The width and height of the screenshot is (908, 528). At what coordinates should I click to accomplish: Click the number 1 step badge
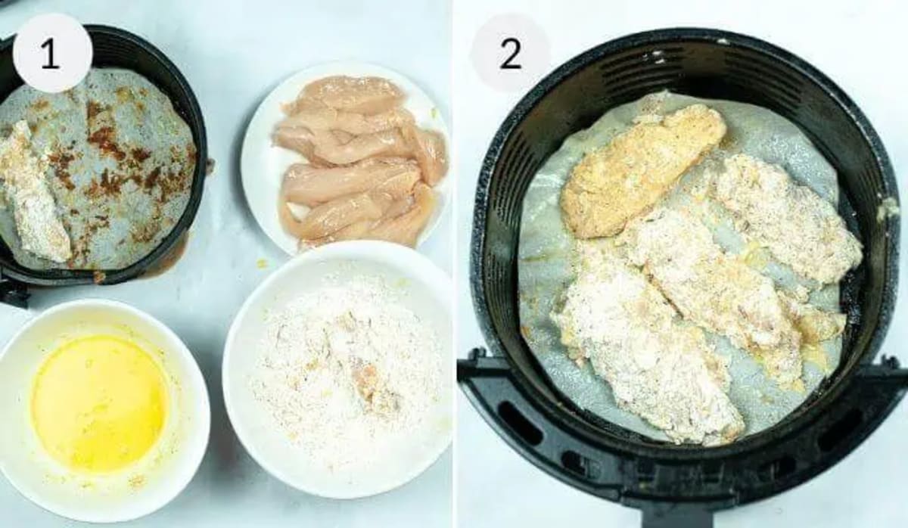51,53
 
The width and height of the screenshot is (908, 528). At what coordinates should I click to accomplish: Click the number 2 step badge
510,53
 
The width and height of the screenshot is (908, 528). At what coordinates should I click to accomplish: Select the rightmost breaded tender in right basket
787,219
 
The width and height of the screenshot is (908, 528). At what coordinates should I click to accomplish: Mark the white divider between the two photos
454,264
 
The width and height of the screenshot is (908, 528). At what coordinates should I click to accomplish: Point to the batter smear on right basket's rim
885,208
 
